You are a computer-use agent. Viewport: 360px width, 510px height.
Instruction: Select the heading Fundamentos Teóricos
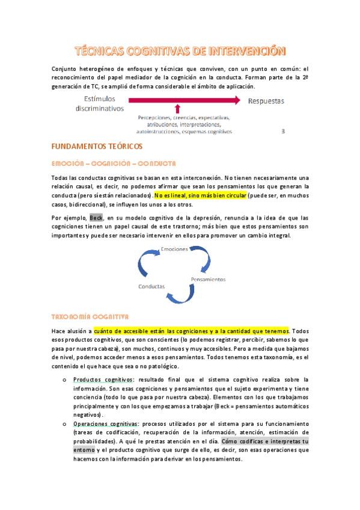coord(97,146)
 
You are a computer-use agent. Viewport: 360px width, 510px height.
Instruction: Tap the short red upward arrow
coord(185,109)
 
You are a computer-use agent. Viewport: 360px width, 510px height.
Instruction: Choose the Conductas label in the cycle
coord(151,286)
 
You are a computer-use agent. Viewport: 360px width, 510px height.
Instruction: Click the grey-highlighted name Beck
coord(96,217)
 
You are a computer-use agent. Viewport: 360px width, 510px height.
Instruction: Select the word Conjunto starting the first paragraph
coord(65,69)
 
